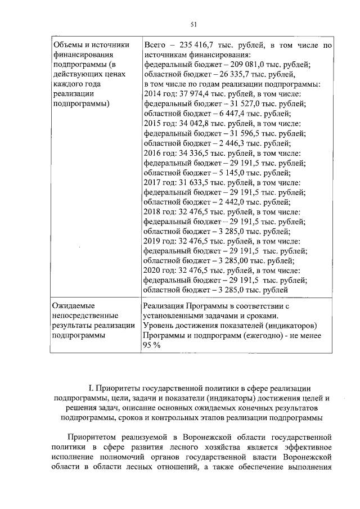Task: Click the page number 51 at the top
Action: [x=193, y=24]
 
